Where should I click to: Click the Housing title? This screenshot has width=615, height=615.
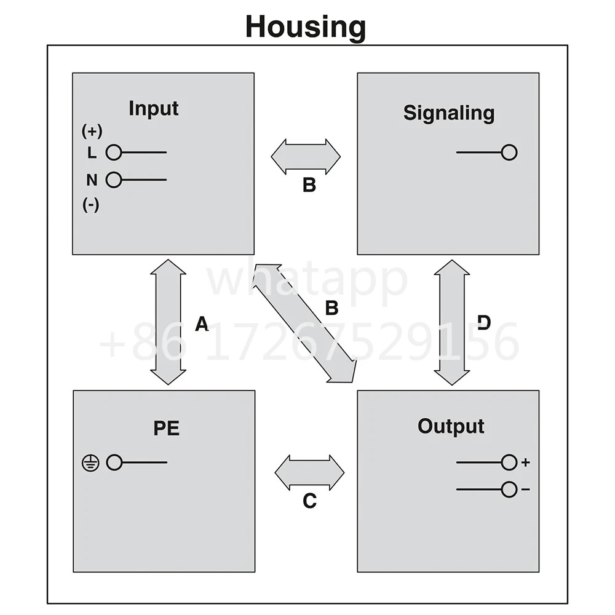point(306,27)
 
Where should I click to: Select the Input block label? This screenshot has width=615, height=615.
point(153,108)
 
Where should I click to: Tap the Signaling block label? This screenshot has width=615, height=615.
point(449,113)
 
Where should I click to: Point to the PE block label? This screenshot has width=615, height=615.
point(166,428)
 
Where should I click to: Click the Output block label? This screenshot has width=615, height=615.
point(451,427)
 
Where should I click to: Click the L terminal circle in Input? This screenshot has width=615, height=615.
point(114,152)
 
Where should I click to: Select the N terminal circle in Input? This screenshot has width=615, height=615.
point(114,180)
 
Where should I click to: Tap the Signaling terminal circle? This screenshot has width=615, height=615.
point(509,152)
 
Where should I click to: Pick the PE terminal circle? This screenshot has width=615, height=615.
point(114,462)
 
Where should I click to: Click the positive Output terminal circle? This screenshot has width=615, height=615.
point(509,462)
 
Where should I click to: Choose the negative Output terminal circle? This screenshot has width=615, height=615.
point(509,490)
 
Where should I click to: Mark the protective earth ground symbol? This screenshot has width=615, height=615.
point(90,463)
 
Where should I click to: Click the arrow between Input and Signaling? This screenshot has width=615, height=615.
point(306,156)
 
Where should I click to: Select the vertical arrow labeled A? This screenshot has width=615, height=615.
point(169,322)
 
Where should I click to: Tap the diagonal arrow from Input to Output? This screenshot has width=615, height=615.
point(305,323)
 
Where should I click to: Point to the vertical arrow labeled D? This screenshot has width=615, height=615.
point(452,322)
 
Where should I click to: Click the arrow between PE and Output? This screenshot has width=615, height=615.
point(309,472)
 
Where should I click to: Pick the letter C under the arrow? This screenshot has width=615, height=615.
point(309,501)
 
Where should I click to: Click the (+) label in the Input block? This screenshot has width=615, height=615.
point(92,131)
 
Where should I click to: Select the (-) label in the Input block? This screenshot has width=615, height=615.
point(90,205)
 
